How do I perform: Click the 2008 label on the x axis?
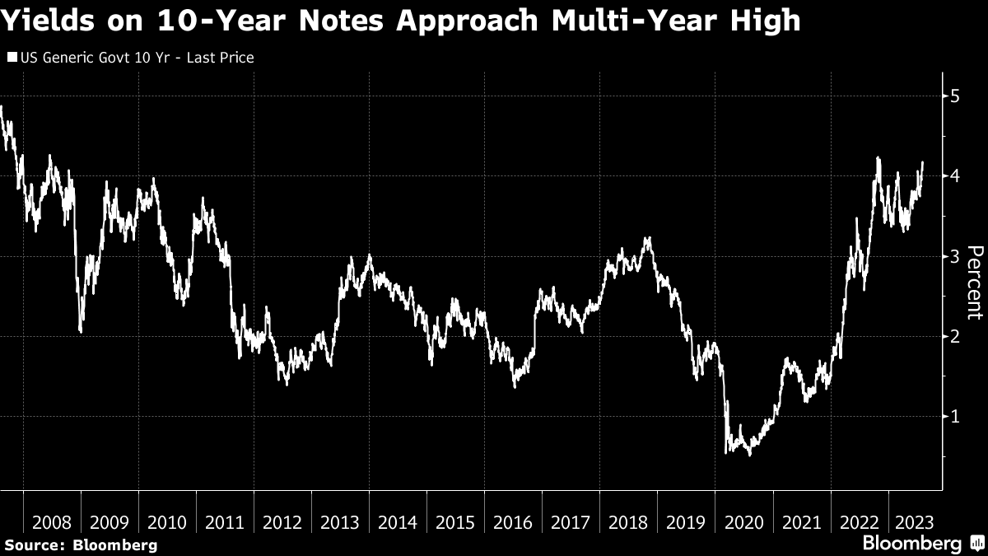[x=52, y=523]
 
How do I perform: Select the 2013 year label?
[x=339, y=523]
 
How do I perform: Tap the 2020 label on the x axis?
[x=743, y=523]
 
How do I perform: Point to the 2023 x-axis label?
[x=915, y=523]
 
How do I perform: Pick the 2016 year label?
[x=512, y=523]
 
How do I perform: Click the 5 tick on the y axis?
[x=955, y=96]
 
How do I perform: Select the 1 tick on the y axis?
[x=955, y=417]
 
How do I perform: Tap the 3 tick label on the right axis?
[x=955, y=256]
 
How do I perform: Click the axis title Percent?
[x=975, y=283]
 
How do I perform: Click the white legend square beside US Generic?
[x=12, y=58]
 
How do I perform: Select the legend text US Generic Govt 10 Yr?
[x=95, y=58]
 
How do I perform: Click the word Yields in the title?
[x=47, y=21]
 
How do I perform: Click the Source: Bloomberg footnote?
[x=82, y=545]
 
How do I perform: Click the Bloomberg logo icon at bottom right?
[x=977, y=543]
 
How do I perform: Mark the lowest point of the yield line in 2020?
[x=749, y=455]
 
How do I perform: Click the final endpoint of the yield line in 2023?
[x=922, y=162]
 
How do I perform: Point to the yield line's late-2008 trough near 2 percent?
[x=81, y=332]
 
